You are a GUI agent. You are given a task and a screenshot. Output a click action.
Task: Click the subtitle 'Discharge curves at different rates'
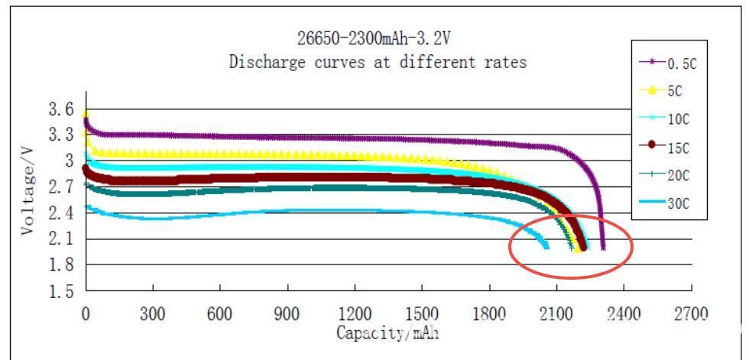pyautogui.click(x=378, y=63)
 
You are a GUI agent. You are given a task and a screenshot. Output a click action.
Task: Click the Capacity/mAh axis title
pyautogui.click(x=387, y=332)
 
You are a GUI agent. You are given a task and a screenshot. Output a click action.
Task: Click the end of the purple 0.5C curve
pyautogui.click(x=603, y=248)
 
